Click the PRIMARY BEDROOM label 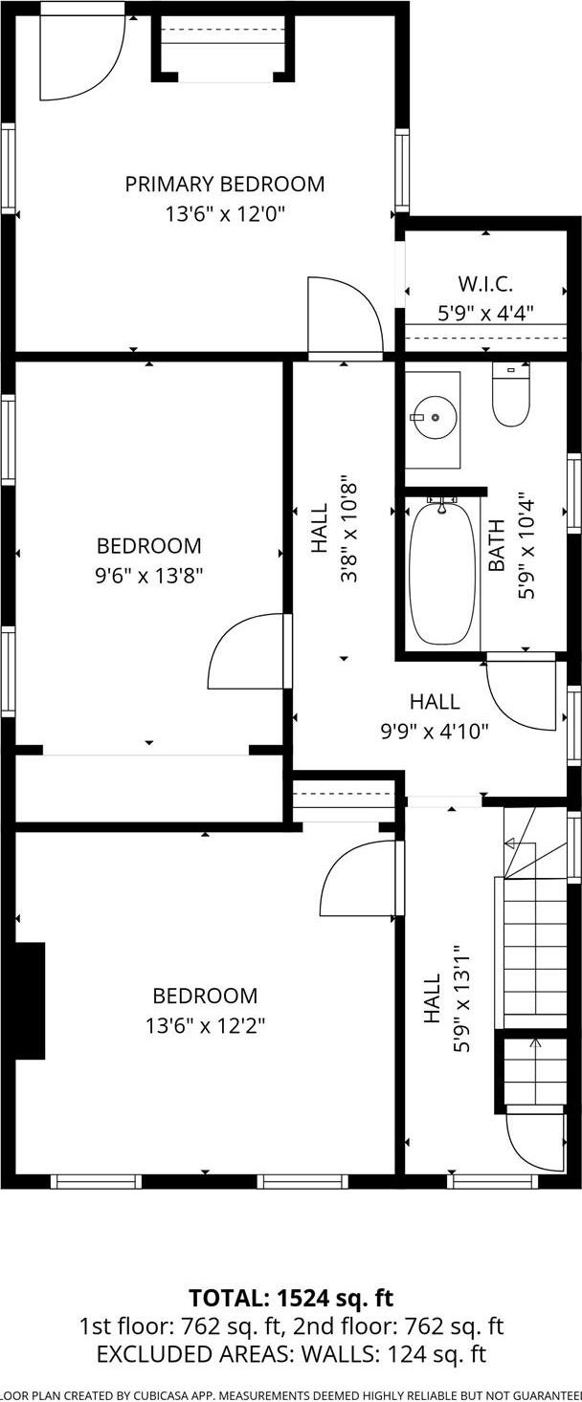(x=224, y=184)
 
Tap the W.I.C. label (x=485, y=284)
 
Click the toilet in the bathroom (x=510, y=396)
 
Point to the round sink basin (x=436, y=417)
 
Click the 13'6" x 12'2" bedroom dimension (x=205, y=1026)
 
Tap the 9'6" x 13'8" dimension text (x=148, y=576)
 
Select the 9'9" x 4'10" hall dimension (x=435, y=732)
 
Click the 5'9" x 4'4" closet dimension (x=485, y=312)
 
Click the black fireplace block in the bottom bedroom (x=29, y=1000)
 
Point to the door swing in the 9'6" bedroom (x=247, y=652)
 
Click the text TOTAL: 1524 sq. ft (x=291, y=1298)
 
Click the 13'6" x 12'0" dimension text (x=224, y=214)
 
